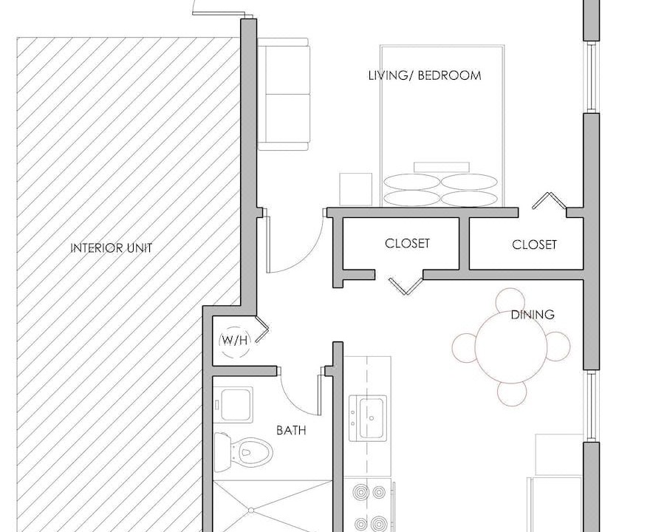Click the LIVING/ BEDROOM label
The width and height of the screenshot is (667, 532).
(x=425, y=76)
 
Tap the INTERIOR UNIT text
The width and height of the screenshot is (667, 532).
(x=111, y=248)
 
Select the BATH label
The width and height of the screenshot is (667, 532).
(x=291, y=430)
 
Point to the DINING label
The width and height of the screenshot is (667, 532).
(x=533, y=315)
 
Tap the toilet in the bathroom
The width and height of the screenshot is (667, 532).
(x=243, y=452)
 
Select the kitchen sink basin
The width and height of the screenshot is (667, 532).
(x=369, y=418)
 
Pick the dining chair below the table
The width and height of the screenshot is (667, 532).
(x=512, y=393)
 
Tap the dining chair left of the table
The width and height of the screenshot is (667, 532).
(x=465, y=348)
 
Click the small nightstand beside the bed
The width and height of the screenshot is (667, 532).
(x=355, y=189)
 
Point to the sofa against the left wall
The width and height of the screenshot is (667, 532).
(x=284, y=94)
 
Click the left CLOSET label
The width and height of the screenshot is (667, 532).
(x=407, y=243)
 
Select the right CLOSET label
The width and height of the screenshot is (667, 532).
(x=534, y=245)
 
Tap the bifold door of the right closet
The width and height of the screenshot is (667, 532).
(x=549, y=201)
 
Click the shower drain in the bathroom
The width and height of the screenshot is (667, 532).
(x=251, y=509)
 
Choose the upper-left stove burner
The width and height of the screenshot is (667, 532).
(x=360, y=492)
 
